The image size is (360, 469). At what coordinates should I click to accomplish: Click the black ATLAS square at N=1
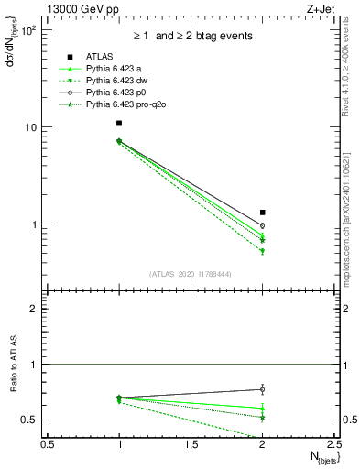[x=119, y=123]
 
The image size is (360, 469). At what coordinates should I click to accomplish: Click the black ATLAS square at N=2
[x=263, y=212]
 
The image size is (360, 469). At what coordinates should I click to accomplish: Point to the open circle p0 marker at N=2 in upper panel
[x=263, y=225]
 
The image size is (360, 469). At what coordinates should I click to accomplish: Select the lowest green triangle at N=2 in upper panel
[x=263, y=251]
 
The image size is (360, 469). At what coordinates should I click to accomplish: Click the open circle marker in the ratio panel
[x=263, y=389]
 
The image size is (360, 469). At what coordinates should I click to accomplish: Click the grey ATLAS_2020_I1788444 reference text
[x=191, y=274]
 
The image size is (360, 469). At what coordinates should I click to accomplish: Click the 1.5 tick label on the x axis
[x=191, y=444]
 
